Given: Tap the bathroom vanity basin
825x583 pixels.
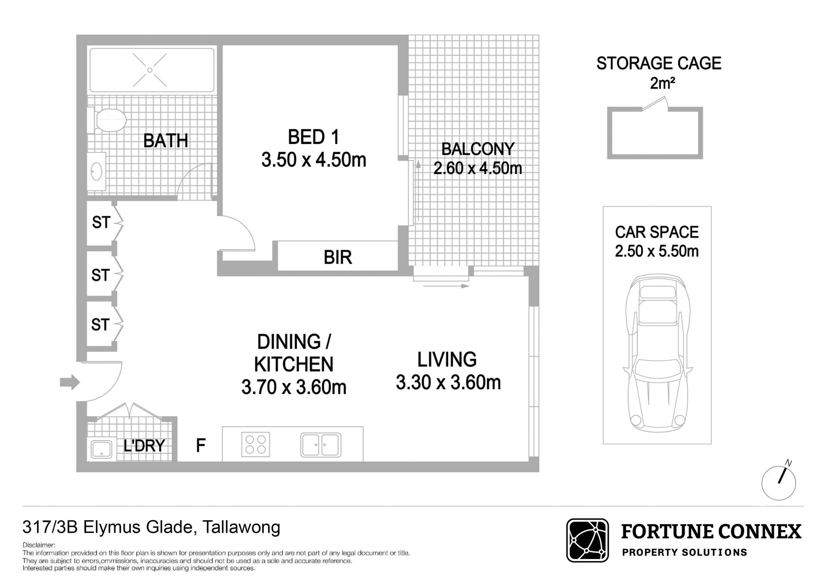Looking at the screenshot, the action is click(x=97, y=171).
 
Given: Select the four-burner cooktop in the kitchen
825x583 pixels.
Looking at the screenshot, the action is click(x=256, y=444).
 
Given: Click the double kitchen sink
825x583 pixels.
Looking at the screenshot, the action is click(x=321, y=445).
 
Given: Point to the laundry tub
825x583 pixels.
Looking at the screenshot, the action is click(x=101, y=449).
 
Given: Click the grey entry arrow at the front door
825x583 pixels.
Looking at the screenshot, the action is click(x=70, y=382).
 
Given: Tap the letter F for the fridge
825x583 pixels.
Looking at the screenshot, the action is click(x=200, y=446).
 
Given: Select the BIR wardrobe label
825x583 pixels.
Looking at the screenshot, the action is click(x=338, y=257).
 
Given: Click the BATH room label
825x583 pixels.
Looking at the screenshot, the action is click(x=165, y=140).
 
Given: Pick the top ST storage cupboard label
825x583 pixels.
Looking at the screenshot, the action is click(x=101, y=222).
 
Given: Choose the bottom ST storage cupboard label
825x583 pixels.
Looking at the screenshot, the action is click(x=101, y=324).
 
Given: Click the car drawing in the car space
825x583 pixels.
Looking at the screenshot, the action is click(x=657, y=354).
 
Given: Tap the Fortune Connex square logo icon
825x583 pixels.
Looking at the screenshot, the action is click(x=587, y=540).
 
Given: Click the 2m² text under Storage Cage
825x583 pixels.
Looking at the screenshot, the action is click(x=662, y=83).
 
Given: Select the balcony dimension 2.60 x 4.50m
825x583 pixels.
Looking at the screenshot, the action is click(x=477, y=168).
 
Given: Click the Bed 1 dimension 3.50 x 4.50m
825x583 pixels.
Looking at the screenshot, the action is click(x=314, y=160).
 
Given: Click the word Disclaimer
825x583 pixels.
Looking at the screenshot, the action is click(x=39, y=545).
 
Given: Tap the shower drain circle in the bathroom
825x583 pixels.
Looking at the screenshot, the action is click(x=150, y=70).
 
